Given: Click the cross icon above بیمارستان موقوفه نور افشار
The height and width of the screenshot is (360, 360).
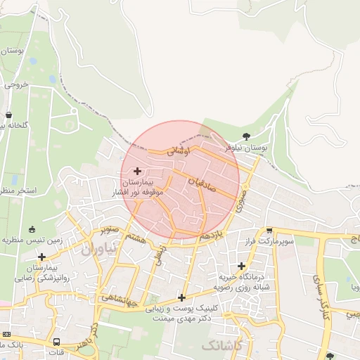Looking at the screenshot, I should [x=136, y=171].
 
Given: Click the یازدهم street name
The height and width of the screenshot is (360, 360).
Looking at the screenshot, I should [x=213, y=234].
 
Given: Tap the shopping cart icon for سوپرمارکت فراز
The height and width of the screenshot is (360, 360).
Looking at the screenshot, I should [x=269, y=231].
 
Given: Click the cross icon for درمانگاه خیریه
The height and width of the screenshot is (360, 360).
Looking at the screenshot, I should [x=242, y=266].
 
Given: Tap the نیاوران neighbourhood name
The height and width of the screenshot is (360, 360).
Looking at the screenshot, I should [x=97, y=248].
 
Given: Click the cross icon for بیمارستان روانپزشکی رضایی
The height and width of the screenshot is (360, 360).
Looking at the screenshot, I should [x=41, y=257].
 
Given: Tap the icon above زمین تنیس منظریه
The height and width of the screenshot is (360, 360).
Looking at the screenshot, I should [x=32, y=229].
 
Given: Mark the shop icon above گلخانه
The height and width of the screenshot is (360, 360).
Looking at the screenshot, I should [x=8, y=115].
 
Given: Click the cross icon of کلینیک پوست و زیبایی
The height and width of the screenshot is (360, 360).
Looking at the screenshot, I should [x=181, y=297].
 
